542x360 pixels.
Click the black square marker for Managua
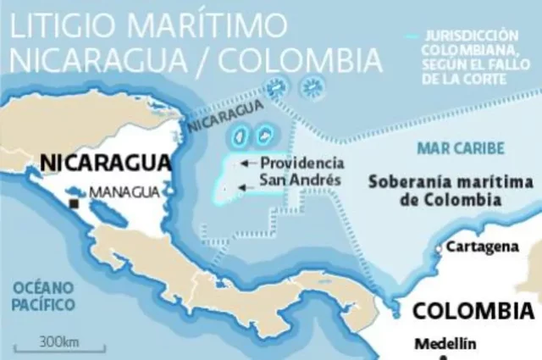click(75, 204)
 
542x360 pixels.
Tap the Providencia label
click(301, 163)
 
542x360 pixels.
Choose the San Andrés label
click(300, 180)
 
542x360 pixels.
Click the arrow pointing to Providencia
click(246, 163)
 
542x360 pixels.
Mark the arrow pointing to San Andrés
click(246, 187)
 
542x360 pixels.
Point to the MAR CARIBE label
click(461, 148)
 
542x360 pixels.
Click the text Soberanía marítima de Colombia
click(451, 191)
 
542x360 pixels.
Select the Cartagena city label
click(482, 246)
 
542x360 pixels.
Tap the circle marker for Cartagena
click(439, 248)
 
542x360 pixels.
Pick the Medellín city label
click(445, 344)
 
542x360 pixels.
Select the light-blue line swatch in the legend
click(412, 37)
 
